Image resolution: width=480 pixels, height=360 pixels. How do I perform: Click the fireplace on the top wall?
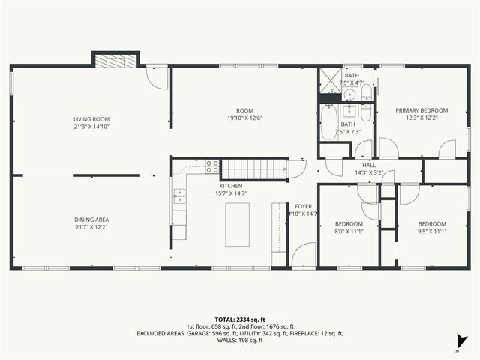coord(116,60)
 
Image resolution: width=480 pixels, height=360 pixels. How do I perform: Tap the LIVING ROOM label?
coord(91,119)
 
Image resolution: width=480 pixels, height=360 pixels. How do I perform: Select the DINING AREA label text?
coord(91,220)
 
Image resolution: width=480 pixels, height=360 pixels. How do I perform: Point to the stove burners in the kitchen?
coord(212,166)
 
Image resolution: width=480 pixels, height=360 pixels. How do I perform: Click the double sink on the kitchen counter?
coord(180,196)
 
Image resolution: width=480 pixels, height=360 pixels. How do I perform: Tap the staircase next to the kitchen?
coord(256,168)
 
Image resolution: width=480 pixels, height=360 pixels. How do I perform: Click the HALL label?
coord(369,165)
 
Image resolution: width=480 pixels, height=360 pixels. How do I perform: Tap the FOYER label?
coord(303,205)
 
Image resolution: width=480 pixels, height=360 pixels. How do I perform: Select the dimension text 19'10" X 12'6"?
coord(246,117)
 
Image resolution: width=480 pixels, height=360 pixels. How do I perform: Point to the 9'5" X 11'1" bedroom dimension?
coord(432,232)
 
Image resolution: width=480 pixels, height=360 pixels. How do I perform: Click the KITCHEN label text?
coord(230,185)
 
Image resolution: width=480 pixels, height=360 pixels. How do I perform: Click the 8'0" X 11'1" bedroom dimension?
coord(349,232)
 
